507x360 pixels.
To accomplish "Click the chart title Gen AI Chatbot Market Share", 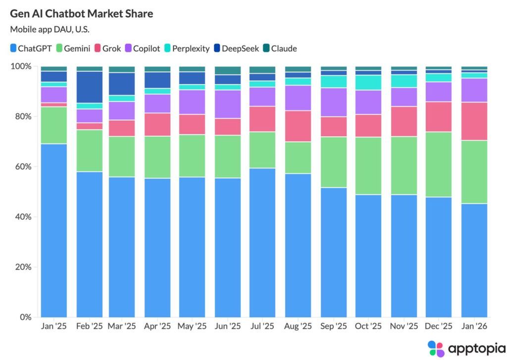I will coord(82,14).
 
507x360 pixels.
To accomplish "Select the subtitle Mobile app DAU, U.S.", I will coord(50,29).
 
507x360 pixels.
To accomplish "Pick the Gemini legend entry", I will coord(73,49).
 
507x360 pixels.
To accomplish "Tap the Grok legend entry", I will coord(107,49).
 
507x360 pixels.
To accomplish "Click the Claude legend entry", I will coord(280,49).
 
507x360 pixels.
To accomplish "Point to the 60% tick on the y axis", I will coord(23,167).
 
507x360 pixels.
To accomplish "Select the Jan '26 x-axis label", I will coord(474,326).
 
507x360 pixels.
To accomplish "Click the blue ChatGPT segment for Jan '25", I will coord(53,230).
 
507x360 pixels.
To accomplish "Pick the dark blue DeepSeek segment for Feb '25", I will coord(89,87).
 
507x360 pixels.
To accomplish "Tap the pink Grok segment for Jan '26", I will coord(474,121).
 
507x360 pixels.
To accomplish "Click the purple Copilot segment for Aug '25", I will coord(298,98).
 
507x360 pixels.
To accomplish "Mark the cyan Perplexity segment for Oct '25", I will coord(368,82).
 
